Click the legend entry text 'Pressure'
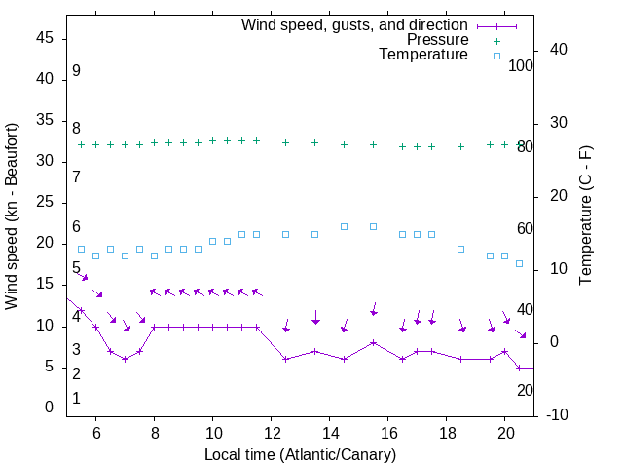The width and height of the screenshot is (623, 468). click(x=437, y=40)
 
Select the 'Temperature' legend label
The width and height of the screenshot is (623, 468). click(x=423, y=55)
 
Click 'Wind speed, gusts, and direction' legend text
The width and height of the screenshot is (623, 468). click(x=355, y=24)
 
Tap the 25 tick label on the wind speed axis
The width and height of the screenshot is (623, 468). click(x=46, y=203)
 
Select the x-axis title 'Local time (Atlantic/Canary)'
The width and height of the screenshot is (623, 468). click(x=301, y=454)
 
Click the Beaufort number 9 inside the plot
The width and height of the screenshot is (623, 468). click(x=76, y=71)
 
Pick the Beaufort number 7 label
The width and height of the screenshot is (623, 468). click(x=76, y=177)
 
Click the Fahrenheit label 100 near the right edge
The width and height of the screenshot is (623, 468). click(x=521, y=65)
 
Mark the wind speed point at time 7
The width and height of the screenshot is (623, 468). click(x=126, y=359)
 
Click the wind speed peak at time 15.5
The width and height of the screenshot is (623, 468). click(x=374, y=342)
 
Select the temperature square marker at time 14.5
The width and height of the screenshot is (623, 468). click(x=345, y=226)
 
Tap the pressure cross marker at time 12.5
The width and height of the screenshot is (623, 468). click(x=286, y=142)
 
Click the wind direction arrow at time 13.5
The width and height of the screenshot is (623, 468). click(x=315, y=318)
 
